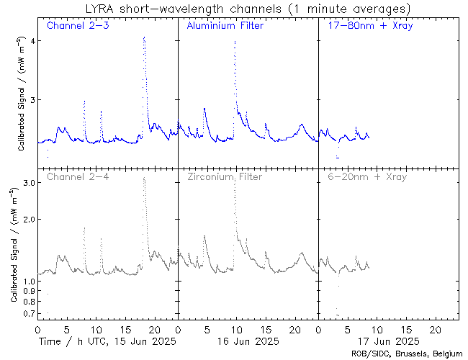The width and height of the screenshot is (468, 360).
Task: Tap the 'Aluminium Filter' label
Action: click(x=225, y=26)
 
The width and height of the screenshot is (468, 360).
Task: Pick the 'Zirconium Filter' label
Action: click(x=225, y=176)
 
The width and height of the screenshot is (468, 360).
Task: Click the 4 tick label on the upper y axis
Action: click(x=31, y=40)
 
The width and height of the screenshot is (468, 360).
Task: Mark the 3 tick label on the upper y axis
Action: click(x=31, y=100)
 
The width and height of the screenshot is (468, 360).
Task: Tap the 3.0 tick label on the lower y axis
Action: click(x=27, y=184)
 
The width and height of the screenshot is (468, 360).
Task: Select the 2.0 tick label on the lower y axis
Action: click(x=27, y=220)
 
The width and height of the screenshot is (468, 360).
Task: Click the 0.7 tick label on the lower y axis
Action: click(x=27, y=315)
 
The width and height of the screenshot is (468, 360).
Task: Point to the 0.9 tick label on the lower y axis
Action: click(x=27, y=292)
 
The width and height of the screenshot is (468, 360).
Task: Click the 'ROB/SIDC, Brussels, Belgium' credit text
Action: click(x=407, y=353)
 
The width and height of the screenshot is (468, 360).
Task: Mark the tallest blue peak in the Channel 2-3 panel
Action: click(x=144, y=37)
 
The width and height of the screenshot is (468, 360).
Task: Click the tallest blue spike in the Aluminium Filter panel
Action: click(x=235, y=42)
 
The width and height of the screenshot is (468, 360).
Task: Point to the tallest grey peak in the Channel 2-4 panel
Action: click(x=144, y=178)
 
